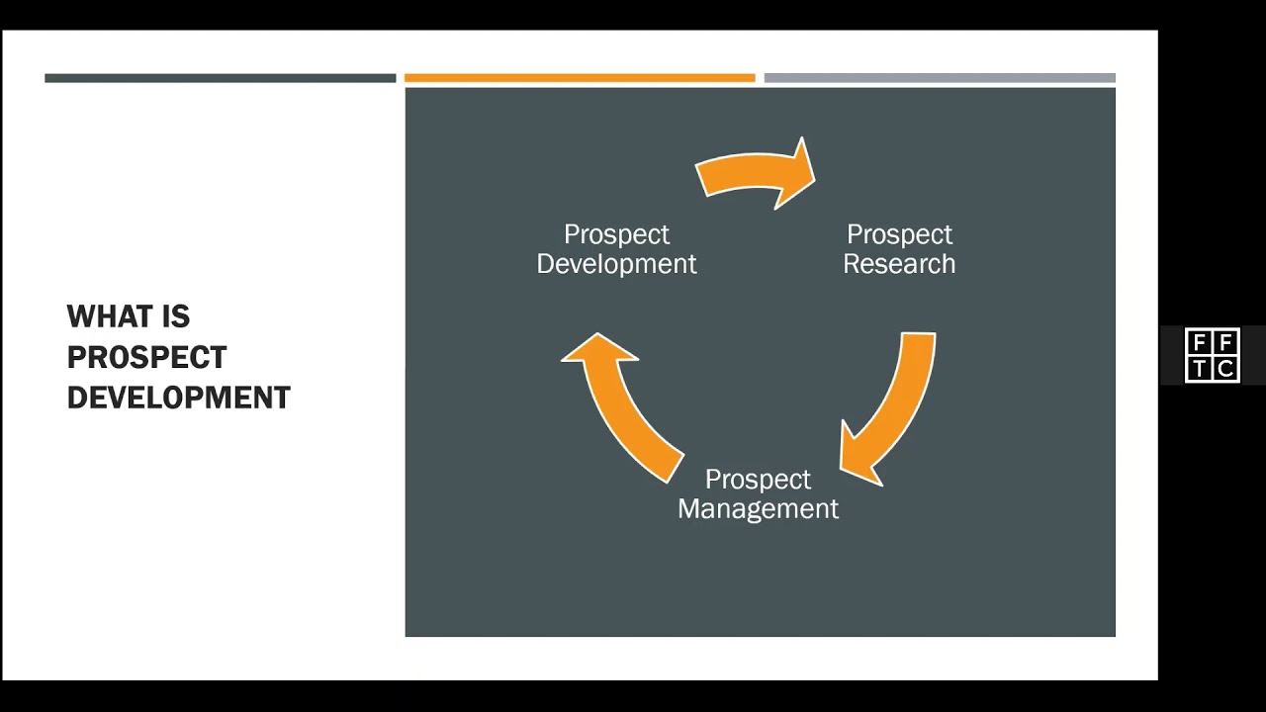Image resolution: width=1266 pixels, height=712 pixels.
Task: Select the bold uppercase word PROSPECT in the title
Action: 146,357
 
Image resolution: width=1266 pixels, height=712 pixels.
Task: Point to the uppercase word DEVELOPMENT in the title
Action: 178,398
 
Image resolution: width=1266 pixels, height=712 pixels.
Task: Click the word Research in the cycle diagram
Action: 899,264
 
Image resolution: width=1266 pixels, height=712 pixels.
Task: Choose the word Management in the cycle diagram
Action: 758,508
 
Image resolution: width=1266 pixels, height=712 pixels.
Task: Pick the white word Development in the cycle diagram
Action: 616,264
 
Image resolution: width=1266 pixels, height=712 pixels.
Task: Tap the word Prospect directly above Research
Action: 899,234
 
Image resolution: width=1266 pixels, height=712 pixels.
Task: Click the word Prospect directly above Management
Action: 758,480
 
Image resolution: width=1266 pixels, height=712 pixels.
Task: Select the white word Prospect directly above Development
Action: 616,234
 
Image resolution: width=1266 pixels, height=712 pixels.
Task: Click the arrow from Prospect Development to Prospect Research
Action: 757,173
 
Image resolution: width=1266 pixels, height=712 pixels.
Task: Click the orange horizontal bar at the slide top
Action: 580,78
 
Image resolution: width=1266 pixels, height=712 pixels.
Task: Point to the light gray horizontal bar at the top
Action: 940,78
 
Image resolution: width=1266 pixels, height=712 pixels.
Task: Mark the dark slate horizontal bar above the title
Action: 220,78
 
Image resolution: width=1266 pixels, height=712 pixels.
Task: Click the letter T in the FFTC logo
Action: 1200,369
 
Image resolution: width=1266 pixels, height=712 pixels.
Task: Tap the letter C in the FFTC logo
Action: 1225,369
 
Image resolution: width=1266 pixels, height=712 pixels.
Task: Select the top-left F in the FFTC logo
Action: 1200,343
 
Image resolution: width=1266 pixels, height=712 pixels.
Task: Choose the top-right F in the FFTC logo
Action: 1225,343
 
